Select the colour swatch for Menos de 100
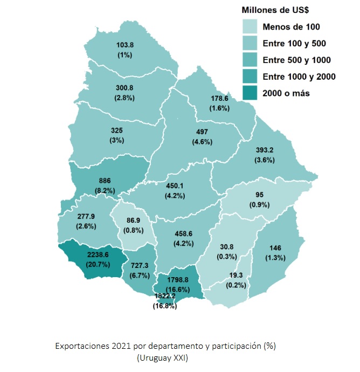click(x=249, y=26)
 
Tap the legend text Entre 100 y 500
click(x=293, y=43)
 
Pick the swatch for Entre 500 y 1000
click(x=249, y=60)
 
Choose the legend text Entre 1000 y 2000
click(x=299, y=77)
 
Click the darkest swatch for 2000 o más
click(x=249, y=93)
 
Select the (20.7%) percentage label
click(x=97, y=265)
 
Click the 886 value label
click(x=105, y=181)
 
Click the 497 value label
click(x=202, y=133)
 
